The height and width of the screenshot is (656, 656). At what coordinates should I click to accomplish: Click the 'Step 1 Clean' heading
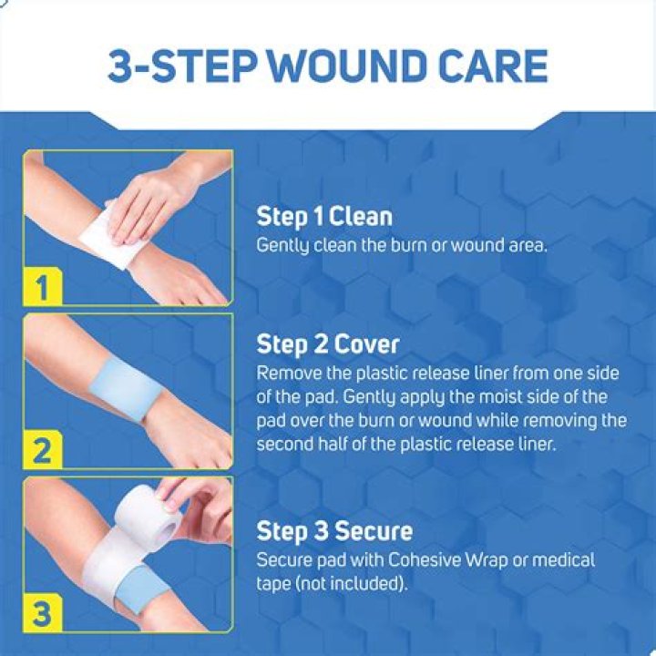[324, 217]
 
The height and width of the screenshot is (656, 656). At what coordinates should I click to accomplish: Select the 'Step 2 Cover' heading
[328, 344]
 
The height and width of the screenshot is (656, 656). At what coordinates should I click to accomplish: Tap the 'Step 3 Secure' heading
[334, 531]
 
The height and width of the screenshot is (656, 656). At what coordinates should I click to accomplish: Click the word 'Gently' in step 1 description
[280, 246]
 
